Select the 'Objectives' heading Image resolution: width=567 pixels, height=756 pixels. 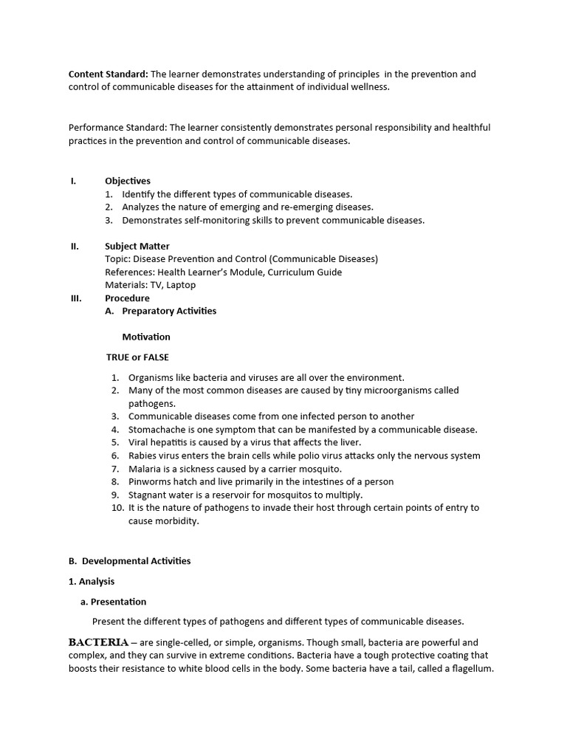(127, 181)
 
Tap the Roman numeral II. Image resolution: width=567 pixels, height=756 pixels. (75, 246)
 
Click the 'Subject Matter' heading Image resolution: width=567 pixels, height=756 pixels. (137, 246)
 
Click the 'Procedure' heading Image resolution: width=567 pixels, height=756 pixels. (127, 298)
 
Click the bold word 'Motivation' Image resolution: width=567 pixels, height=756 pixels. (146, 337)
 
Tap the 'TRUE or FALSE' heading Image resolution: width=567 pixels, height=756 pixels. (137, 357)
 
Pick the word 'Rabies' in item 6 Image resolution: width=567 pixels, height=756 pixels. (142, 456)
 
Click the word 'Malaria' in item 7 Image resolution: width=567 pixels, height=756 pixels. (145, 469)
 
